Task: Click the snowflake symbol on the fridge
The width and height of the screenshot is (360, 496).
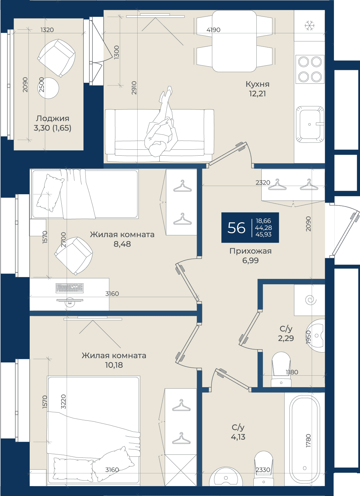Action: pyautogui.click(x=310, y=25)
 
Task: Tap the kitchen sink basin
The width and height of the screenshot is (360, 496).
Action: pyautogui.click(x=310, y=124)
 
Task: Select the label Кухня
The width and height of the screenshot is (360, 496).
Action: pyautogui.click(x=257, y=84)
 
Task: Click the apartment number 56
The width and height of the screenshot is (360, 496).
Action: pyautogui.click(x=236, y=228)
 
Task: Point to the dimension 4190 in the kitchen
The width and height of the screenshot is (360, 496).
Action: pyautogui.click(x=213, y=30)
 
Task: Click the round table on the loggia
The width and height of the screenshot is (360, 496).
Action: pyautogui.click(x=48, y=88)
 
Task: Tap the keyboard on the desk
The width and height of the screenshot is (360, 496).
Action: pyautogui.click(x=70, y=288)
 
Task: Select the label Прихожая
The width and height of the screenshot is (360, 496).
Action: pyautogui.click(x=250, y=251)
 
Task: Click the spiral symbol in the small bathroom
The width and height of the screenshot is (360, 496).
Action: pyautogui.click(x=311, y=300)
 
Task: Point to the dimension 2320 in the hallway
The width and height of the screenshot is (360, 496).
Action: pyautogui.click(x=263, y=182)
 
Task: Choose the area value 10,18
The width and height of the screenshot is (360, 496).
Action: pyautogui.click(x=114, y=365)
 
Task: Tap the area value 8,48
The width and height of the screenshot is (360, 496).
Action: pyautogui.click(x=122, y=244)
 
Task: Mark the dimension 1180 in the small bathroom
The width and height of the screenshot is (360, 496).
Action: pyautogui.click(x=292, y=372)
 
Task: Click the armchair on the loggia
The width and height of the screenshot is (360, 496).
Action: pyautogui.click(x=56, y=58)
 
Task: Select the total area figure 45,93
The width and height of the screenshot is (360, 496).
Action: pyautogui.click(x=263, y=234)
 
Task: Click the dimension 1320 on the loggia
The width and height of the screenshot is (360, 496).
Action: pyautogui.click(x=47, y=30)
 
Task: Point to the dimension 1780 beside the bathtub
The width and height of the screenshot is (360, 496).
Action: pyautogui.click(x=308, y=441)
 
